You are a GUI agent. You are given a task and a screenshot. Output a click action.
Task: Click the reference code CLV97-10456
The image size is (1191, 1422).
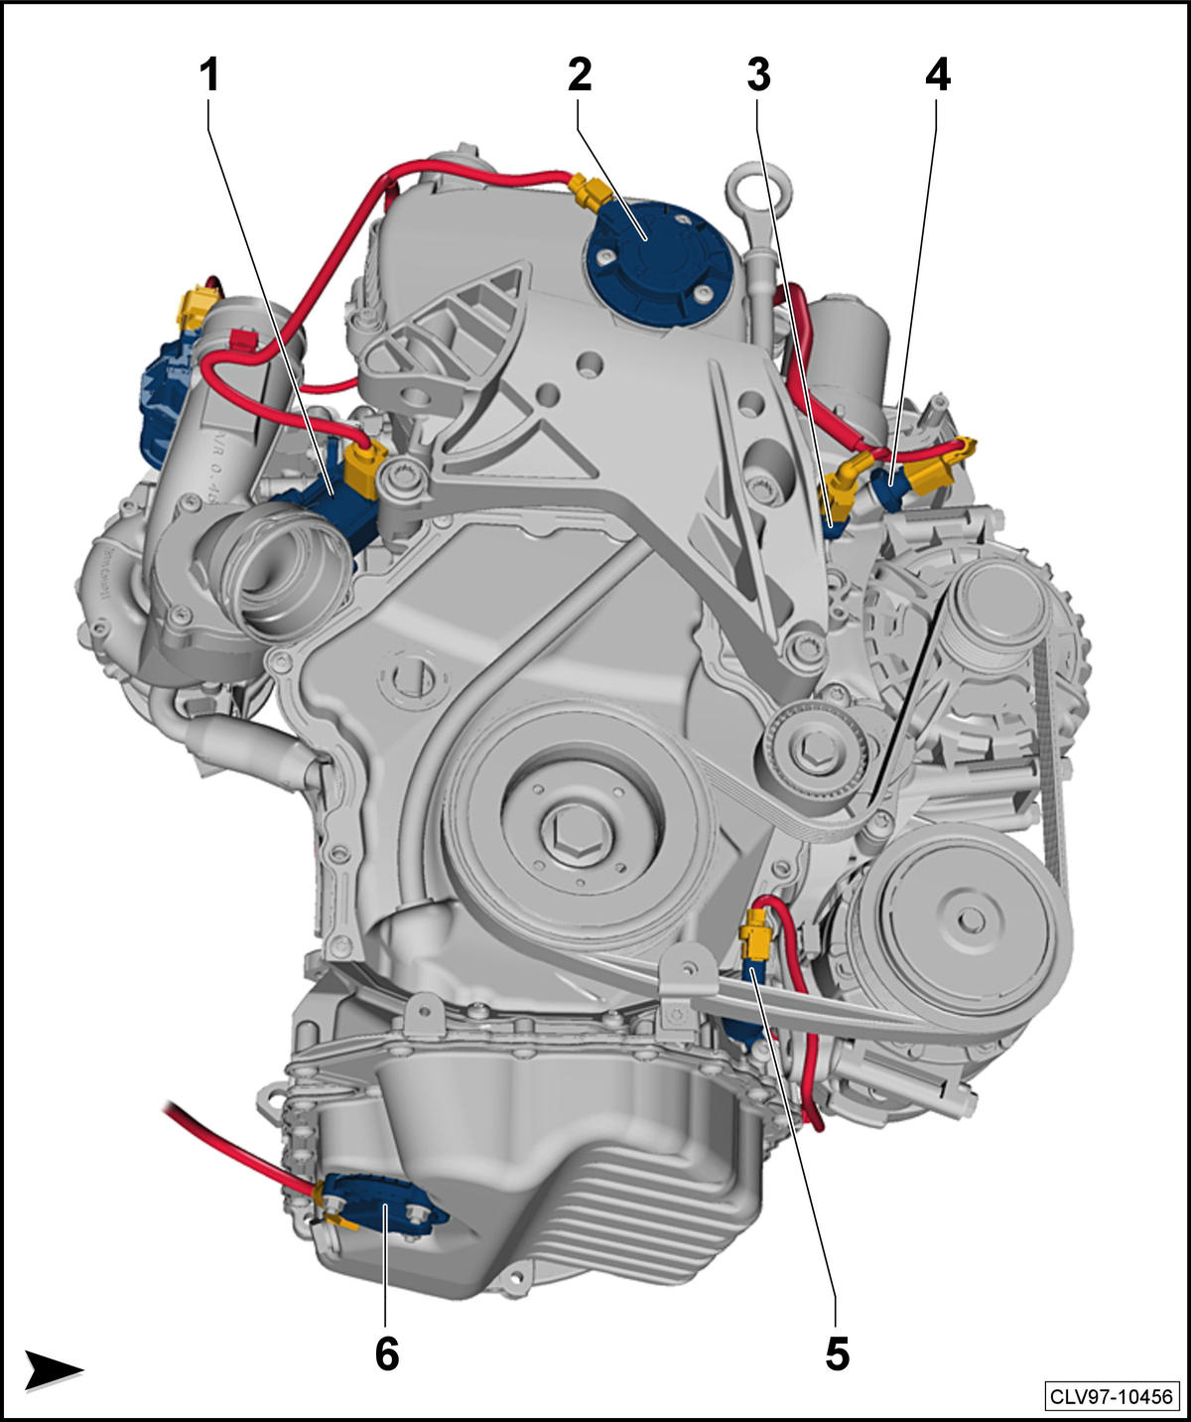pos(1112,1397)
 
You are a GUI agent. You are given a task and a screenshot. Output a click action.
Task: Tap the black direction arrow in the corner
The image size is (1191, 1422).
pos(53,1369)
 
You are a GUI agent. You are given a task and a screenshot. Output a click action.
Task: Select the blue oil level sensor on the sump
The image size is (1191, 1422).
pos(381,1213)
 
